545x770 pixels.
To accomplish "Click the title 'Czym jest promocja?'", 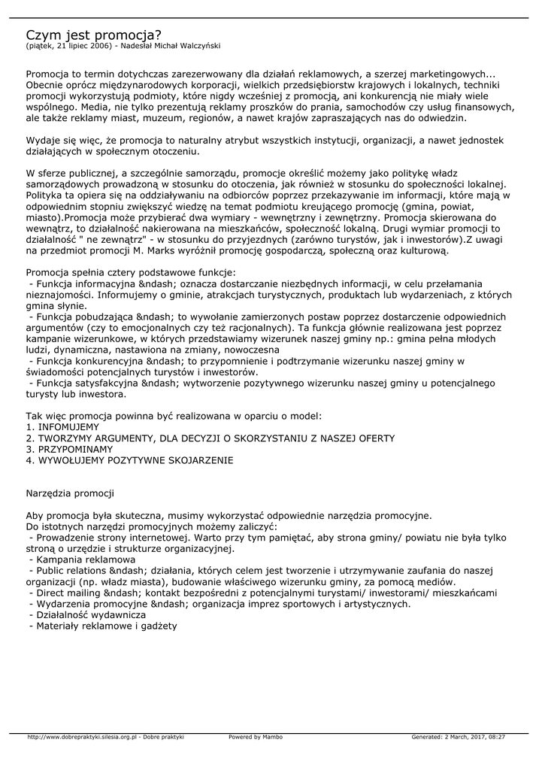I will click(94, 35).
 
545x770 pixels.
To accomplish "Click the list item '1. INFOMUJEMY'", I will click(62, 426).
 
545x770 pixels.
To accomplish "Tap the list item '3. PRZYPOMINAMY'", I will click(70, 449).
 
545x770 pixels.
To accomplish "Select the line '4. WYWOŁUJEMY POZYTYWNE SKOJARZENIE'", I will click(129, 460).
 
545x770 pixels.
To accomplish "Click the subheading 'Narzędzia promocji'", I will click(70, 493).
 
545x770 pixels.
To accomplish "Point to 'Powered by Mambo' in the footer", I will click(256, 737).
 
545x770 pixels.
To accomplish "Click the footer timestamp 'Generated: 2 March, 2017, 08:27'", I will click(458, 737).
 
